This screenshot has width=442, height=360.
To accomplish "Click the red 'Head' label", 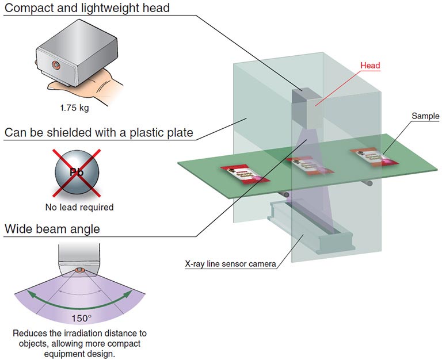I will click(370, 66).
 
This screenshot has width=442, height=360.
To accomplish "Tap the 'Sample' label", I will click(425, 116).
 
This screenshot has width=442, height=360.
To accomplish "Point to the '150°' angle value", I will click(81, 317).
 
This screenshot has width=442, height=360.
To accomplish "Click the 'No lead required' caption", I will click(79, 207).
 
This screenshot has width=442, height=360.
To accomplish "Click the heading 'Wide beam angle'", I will click(52, 229).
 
